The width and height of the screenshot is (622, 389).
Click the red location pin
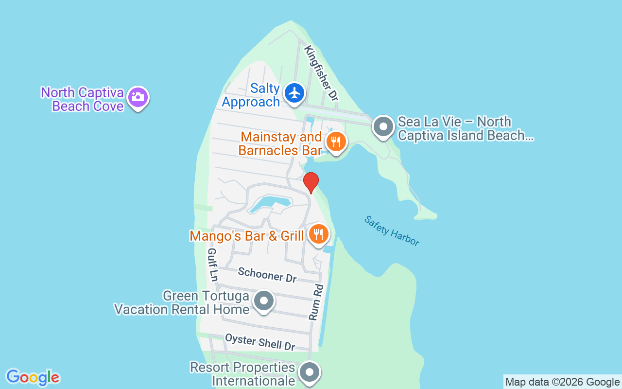[x=311, y=182]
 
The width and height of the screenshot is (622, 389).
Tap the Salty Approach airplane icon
[x=294, y=92]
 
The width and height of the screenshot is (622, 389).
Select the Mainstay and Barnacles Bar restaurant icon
[x=335, y=142]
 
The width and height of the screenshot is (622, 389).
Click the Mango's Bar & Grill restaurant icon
[x=318, y=234]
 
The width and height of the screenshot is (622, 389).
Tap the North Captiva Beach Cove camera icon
[x=138, y=97]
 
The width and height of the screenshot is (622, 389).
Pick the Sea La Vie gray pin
[x=383, y=127]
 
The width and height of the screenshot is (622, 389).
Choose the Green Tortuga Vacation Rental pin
[x=264, y=301]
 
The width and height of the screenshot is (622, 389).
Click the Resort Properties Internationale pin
[x=309, y=373]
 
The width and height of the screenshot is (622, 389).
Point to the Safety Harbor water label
[x=392, y=231]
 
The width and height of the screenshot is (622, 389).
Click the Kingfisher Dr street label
[x=321, y=73]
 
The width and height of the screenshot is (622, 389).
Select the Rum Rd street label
[x=316, y=302]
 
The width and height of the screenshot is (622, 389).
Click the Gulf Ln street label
[x=212, y=264]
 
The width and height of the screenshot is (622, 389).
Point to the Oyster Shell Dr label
[x=260, y=342]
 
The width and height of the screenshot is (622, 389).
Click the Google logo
[x=33, y=377]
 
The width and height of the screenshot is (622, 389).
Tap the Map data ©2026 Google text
[x=562, y=382]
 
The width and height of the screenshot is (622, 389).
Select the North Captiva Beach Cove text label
[x=83, y=99]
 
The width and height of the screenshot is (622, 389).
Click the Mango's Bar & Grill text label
[x=246, y=236]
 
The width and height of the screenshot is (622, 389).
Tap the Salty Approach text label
[x=251, y=95]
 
